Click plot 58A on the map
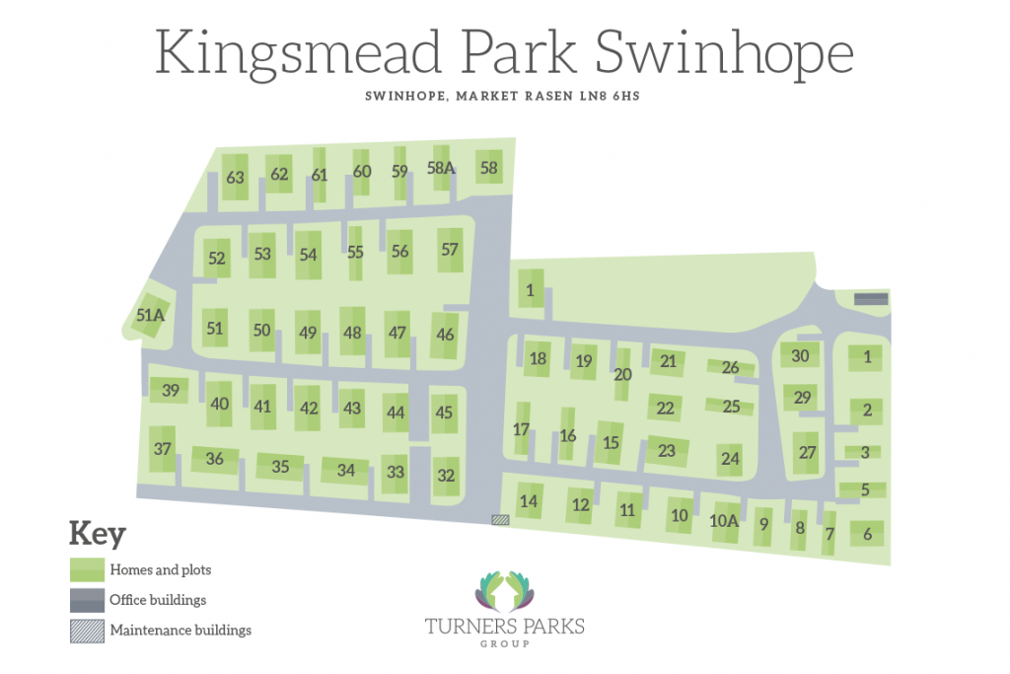click(x=441, y=169)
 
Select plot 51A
click(x=150, y=316)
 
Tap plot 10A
click(x=724, y=520)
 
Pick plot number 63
click(x=235, y=178)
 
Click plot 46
click(x=445, y=335)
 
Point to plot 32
click(x=446, y=476)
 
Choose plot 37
click(x=163, y=449)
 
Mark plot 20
click(x=622, y=374)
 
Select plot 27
click(x=808, y=452)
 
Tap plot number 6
click(x=867, y=534)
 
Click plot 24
click(x=730, y=459)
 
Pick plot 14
click(x=529, y=501)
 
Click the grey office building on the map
click(x=871, y=298)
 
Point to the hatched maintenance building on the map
click(x=500, y=518)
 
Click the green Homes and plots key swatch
click(x=87, y=569)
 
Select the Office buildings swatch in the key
click(x=87, y=599)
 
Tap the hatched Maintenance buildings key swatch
click(x=87, y=630)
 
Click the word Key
click(x=97, y=534)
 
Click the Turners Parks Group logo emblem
click(x=504, y=589)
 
